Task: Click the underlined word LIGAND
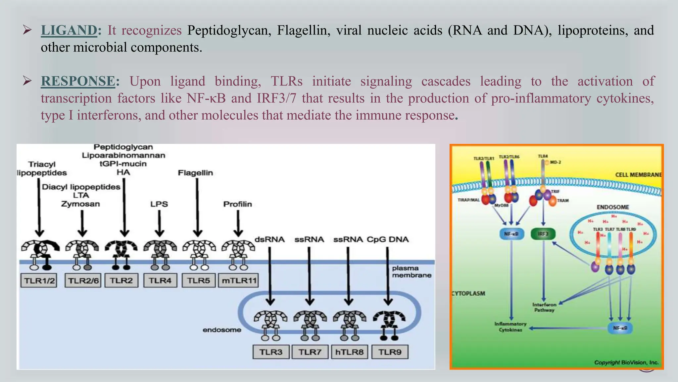(69, 31)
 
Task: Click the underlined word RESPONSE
(78, 81)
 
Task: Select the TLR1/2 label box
(39, 281)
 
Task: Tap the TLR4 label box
(160, 281)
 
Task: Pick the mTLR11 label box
(239, 281)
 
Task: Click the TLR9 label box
(390, 352)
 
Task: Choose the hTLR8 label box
(349, 352)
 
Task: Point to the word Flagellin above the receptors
(195, 173)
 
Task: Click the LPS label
(159, 204)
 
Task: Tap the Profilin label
(237, 204)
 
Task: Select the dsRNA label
(269, 239)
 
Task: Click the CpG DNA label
(388, 239)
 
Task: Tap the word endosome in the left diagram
(222, 330)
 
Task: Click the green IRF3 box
(543, 234)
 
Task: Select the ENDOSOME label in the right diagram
(613, 207)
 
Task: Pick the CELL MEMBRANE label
(638, 175)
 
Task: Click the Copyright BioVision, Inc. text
(626, 362)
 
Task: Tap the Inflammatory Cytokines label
(510, 327)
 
